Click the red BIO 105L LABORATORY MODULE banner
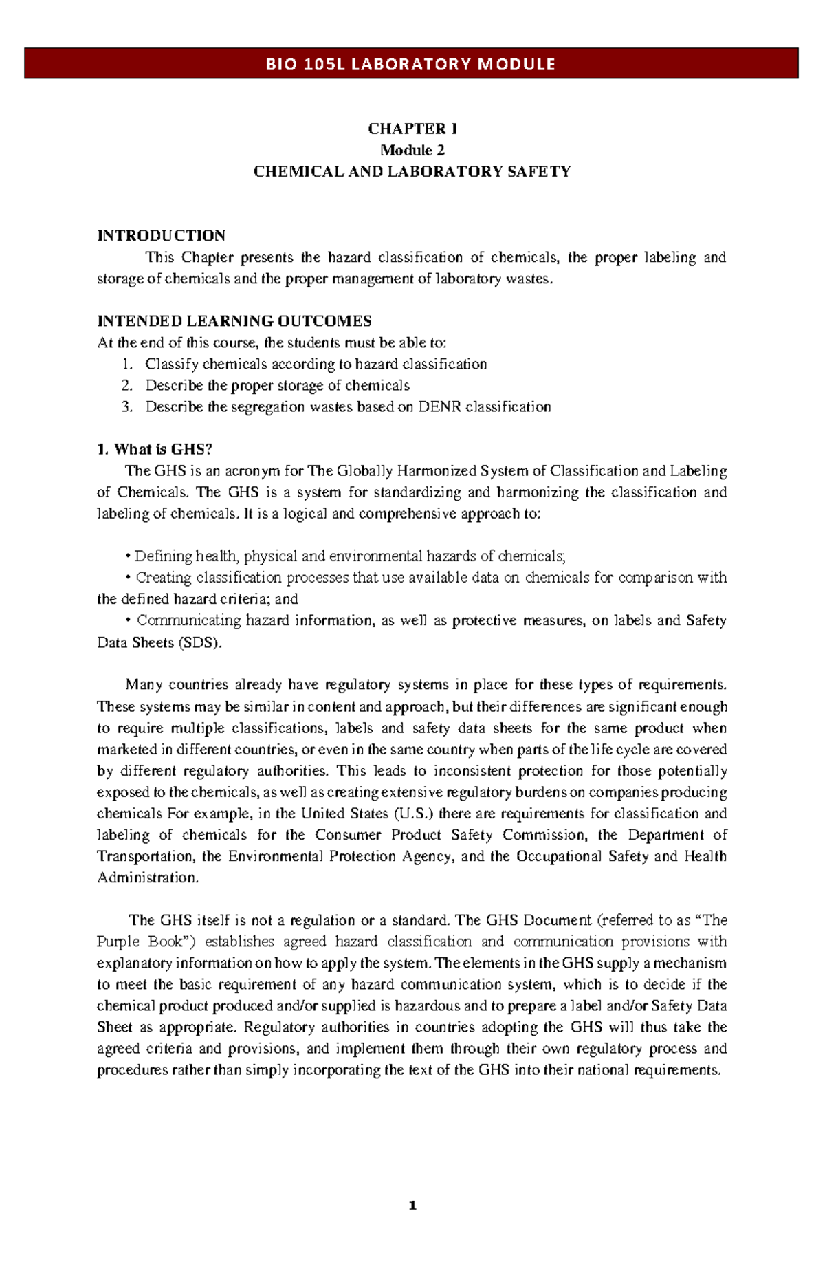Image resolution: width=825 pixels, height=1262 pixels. tap(411, 64)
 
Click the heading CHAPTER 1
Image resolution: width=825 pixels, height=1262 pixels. tap(412, 129)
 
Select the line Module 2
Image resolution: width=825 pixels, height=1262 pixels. tap(412, 150)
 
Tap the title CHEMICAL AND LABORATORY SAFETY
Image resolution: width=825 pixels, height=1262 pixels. tap(412, 171)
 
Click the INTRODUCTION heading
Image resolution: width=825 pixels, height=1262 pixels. tap(162, 235)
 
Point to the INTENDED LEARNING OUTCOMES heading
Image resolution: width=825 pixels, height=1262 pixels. tap(234, 320)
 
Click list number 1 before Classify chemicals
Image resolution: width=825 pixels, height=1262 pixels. tap(126, 364)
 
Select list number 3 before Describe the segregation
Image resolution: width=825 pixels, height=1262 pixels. tap(126, 406)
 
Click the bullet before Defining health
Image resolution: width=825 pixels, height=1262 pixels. tap(128, 556)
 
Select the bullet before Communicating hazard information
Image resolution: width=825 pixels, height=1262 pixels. tap(128, 620)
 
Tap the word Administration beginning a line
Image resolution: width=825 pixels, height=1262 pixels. tap(148, 878)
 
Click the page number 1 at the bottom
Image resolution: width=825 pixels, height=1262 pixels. tap(412, 1206)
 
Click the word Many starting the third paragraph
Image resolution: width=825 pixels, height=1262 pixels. tap(143, 684)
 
